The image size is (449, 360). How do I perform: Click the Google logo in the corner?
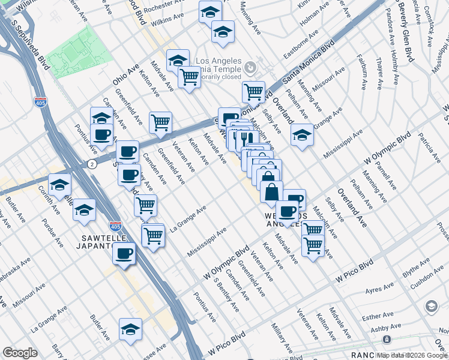point(20,353)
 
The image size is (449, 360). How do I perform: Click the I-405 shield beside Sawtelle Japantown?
point(116,226)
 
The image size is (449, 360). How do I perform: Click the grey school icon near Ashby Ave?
point(431,307)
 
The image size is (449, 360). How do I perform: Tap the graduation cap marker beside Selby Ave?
point(302,135)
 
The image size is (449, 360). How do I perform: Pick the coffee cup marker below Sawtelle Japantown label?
point(124,253)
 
